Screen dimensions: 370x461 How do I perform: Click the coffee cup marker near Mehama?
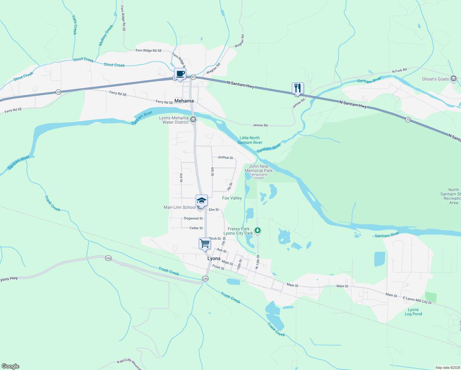[180, 74]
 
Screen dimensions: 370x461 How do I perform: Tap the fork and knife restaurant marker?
[297, 88]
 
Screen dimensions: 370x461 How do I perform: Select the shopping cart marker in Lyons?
[205, 244]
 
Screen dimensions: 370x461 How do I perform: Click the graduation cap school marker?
[202, 201]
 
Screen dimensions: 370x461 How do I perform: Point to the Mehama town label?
[184, 101]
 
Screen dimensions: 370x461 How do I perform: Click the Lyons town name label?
[214, 258]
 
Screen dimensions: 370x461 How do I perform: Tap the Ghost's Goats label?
[435, 79]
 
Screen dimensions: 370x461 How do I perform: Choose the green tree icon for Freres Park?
[258, 230]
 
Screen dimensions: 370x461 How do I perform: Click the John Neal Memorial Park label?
[259, 168]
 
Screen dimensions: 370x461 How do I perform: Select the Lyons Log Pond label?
[413, 312]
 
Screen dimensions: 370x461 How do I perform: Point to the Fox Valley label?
[232, 198]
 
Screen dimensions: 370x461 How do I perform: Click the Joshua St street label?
[225, 157]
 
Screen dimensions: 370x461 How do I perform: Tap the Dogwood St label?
[193, 218]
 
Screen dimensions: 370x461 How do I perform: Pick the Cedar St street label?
[196, 228]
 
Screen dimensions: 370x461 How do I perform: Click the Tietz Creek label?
[74, 25]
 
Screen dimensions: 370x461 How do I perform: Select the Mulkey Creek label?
[106, 35]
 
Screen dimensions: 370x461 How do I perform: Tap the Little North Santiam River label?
[250, 140]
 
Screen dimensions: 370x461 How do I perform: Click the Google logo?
[10, 366]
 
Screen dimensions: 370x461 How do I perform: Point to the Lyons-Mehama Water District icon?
[193, 120]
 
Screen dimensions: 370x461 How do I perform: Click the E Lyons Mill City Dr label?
[417, 300]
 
